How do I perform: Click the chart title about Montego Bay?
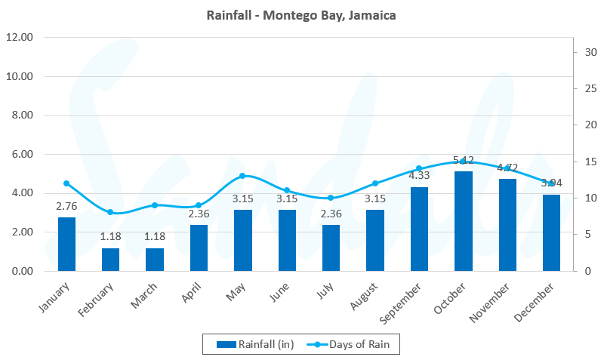tap(301, 15)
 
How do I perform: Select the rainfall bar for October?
tap(463, 221)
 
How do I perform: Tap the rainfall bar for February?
tap(110, 259)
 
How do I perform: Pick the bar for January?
tap(66, 244)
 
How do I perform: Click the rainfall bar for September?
tap(419, 229)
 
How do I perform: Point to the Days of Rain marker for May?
tap(242, 176)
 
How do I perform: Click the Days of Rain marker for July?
tap(331, 198)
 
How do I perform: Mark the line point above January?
tap(66, 183)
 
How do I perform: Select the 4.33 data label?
tap(419, 176)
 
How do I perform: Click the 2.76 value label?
tap(66, 206)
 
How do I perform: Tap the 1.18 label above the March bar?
tap(155, 237)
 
